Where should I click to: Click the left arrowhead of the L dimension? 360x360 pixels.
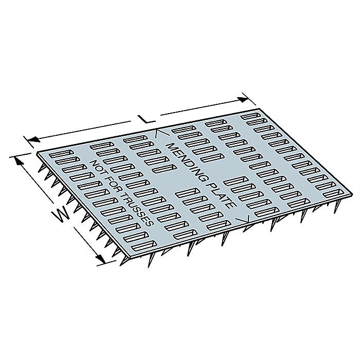[33, 139]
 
